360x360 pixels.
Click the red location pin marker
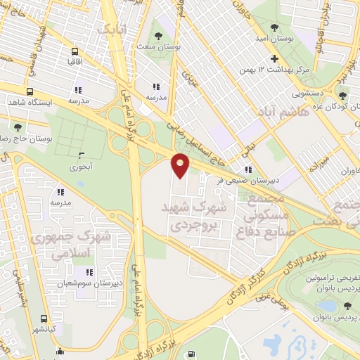click(x=181, y=166)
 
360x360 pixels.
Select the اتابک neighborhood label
click(x=112, y=30)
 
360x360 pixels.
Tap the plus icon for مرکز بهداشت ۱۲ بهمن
click(x=275, y=58)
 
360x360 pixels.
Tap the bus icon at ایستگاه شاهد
click(x=30, y=91)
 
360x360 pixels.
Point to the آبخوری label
click(x=80, y=167)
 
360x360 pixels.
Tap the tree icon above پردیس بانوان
click(x=347, y=304)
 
